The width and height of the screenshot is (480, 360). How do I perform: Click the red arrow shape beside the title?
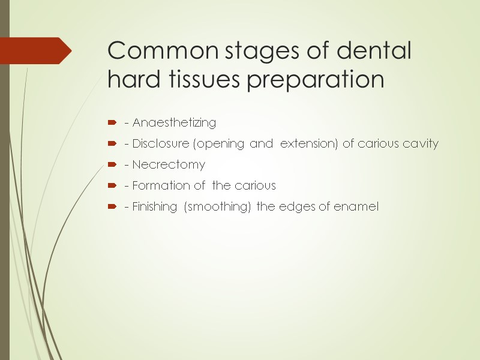pos(35,51)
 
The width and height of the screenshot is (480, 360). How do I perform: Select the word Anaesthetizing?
pos(174,123)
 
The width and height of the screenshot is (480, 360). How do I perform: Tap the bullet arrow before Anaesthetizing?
pos(112,123)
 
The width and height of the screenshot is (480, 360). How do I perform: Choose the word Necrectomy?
pos(169,164)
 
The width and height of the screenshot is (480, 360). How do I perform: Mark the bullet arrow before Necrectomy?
pos(112,165)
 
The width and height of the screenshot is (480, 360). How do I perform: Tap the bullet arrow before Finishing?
pos(112,207)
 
